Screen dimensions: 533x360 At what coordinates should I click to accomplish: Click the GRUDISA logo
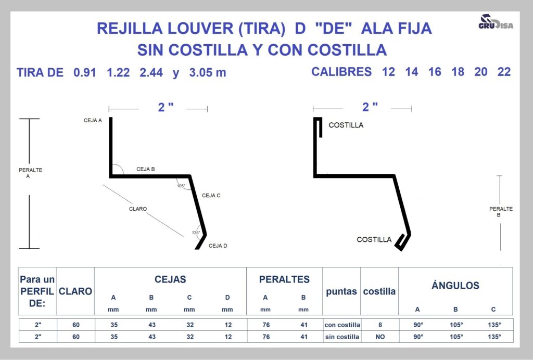point(496,22)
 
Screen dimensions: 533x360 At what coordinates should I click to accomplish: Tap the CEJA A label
point(93,120)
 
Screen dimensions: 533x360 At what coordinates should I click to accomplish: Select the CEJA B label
point(146,169)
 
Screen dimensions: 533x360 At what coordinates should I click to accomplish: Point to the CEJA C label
point(211,195)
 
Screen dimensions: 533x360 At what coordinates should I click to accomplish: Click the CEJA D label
point(218,246)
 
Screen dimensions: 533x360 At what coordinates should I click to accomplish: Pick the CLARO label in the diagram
point(137,209)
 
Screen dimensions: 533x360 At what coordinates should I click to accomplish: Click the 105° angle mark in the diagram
point(181,186)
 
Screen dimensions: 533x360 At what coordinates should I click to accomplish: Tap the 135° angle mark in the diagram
point(196,233)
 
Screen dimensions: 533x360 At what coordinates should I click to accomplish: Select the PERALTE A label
point(30,173)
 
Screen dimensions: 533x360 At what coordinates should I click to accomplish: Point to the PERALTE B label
point(501,212)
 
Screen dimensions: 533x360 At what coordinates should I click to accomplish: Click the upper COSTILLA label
point(346,125)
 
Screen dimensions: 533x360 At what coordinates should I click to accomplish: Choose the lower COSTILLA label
point(374,239)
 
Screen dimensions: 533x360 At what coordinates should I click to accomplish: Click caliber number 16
point(435,72)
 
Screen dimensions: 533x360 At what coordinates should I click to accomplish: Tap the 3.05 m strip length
point(207,72)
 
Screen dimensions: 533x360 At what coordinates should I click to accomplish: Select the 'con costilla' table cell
point(342,325)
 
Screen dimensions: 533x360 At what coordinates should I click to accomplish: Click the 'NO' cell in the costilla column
point(380,337)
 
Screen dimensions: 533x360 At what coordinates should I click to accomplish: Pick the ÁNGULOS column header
point(455,285)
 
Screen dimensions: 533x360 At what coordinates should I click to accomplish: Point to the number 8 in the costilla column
point(380,325)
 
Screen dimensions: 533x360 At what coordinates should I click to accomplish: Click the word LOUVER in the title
point(200,28)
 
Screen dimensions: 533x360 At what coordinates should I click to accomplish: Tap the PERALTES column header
point(284,279)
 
